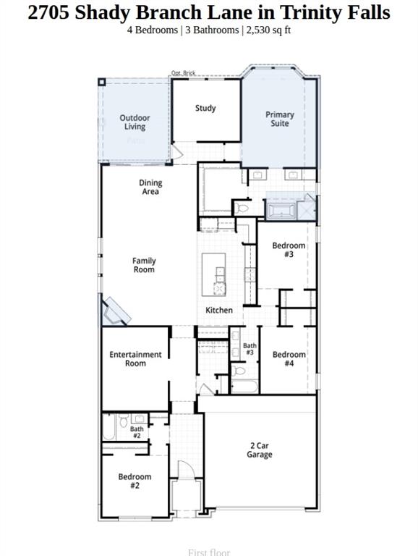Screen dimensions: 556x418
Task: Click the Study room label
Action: point(205,109)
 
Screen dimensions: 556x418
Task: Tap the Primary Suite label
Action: point(279,119)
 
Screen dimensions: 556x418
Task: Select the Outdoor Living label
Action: point(135,122)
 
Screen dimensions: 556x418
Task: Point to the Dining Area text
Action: point(150,188)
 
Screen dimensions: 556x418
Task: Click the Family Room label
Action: point(144,265)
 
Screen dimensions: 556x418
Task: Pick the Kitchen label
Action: point(219,311)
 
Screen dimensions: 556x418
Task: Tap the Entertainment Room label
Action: point(135,359)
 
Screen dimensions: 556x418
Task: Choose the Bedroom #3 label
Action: point(289,250)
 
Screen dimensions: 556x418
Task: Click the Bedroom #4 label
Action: point(289,359)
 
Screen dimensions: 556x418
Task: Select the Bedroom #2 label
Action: point(135,481)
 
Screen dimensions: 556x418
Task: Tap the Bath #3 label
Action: point(249,349)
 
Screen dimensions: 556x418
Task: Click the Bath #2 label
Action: point(137,432)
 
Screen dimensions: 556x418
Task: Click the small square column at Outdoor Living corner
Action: point(103,82)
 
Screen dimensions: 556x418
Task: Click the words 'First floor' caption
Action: point(209,552)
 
